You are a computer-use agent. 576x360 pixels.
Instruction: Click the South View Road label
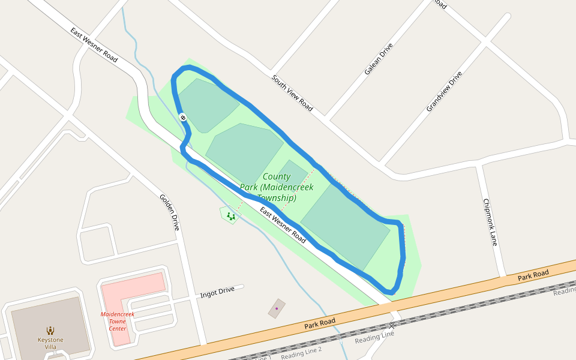click(292, 93)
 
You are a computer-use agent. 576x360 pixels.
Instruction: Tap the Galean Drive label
click(379, 59)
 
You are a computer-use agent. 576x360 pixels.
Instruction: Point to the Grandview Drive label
click(445, 91)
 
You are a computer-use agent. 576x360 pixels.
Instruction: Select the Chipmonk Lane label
click(490, 222)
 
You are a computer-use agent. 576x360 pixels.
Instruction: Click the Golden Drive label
click(169, 212)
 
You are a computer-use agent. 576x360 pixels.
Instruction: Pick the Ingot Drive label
click(217, 292)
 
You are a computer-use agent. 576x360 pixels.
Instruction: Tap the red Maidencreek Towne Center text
click(118, 321)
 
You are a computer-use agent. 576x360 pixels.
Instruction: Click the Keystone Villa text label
click(50, 344)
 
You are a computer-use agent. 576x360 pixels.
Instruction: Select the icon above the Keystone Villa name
click(50, 330)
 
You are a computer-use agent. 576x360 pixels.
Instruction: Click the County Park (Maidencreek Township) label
click(277, 187)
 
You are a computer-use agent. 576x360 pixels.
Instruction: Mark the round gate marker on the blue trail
click(182, 118)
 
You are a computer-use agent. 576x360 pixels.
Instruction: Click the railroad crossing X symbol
click(392, 325)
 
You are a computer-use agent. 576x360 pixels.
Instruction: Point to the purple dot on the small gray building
click(277, 308)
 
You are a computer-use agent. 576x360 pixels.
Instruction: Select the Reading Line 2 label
click(301, 353)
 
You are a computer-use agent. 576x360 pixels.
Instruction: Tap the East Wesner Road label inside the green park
click(283, 225)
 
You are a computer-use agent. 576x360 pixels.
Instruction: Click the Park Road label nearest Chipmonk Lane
click(533, 274)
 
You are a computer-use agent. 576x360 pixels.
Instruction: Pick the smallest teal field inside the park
click(292, 173)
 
